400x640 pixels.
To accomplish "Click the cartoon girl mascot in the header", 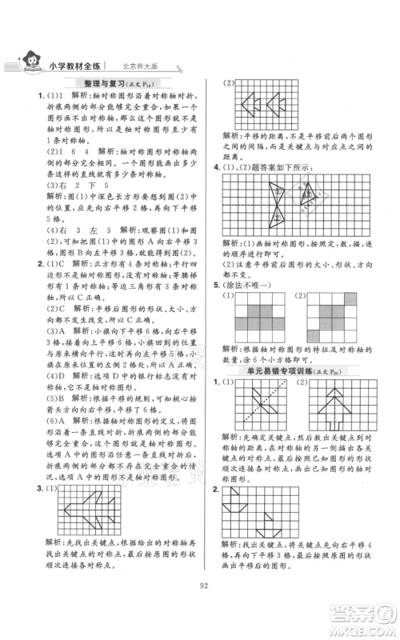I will [34, 62].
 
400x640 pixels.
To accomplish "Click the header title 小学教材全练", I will [83, 65].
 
